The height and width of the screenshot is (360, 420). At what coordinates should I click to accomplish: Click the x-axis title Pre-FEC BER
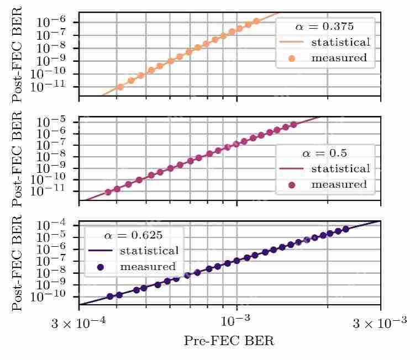229,341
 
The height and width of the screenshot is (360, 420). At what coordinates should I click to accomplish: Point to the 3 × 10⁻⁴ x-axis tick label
78,322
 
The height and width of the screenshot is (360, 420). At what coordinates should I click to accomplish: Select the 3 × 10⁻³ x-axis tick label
380,322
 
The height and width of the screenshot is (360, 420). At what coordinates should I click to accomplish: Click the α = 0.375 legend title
324,27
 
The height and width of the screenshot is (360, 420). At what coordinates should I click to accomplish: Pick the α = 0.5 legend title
324,153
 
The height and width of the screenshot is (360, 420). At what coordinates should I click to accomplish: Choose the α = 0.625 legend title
133,235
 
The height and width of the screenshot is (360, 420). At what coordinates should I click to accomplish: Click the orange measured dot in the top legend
292,58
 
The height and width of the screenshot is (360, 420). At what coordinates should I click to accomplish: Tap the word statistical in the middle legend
340,168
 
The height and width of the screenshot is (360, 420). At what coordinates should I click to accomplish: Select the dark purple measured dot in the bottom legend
101,267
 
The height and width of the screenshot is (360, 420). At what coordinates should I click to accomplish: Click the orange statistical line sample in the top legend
292,42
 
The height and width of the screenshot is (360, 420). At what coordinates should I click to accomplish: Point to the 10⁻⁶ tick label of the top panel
51,22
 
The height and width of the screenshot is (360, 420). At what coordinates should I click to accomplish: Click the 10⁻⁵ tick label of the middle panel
51,122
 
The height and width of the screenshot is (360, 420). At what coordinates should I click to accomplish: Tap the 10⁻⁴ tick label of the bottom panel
51,225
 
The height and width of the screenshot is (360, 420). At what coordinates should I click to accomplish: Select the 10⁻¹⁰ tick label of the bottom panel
48,296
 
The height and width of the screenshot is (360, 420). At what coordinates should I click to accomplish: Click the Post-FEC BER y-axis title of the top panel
17,54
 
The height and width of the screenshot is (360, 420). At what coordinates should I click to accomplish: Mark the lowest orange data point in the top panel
120,87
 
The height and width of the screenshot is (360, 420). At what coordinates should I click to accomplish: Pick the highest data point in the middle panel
294,125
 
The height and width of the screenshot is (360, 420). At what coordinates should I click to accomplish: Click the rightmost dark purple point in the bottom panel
346,229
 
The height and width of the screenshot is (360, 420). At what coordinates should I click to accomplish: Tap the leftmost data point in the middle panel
108,192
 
